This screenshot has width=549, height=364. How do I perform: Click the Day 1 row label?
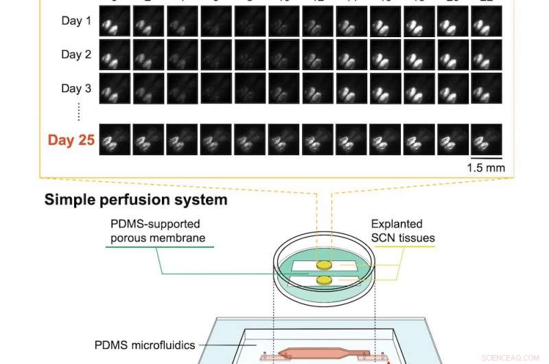click(76, 21)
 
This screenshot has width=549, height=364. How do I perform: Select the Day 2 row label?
click(76, 55)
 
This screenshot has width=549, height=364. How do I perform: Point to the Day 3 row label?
click(76, 89)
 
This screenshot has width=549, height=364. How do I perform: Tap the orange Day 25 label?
click(70, 140)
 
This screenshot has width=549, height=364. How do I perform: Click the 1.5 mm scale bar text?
click(485, 168)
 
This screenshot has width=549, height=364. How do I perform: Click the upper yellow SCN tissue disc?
click(322, 264)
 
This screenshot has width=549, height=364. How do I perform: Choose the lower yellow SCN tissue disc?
click(322, 280)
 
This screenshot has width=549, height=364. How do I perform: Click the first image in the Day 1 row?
click(115, 21)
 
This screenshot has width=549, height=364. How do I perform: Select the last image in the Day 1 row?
click(486, 21)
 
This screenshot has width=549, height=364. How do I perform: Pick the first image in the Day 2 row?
click(115, 55)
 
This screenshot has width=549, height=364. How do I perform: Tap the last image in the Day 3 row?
click(486, 89)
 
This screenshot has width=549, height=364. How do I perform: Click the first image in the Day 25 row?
click(115, 139)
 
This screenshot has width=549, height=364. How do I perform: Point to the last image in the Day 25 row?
click(486, 139)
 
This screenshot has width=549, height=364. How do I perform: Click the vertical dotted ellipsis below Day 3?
click(79, 111)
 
